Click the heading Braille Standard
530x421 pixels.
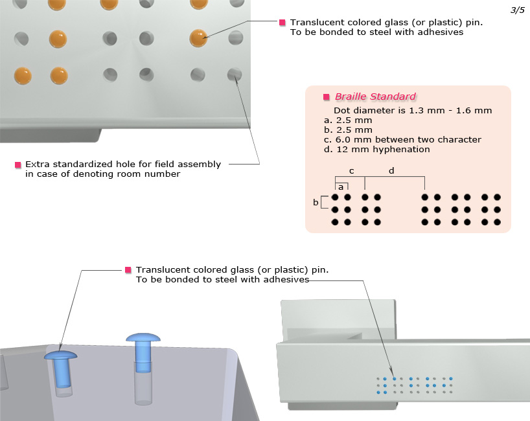tap(375, 97)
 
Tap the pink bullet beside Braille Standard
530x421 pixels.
tap(327, 97)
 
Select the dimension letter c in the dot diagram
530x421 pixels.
tap(351, 171)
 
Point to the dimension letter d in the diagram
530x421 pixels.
tap(391, 171)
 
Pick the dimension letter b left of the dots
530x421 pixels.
tap(316, 203)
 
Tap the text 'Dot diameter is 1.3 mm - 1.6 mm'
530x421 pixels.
tap(413, 111)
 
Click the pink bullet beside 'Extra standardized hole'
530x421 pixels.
tap(17, 165)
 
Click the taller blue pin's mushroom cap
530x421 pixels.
tap(143, 337)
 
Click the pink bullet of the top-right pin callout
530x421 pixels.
tap(282, 23)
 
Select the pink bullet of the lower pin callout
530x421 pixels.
tap(128, 269)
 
